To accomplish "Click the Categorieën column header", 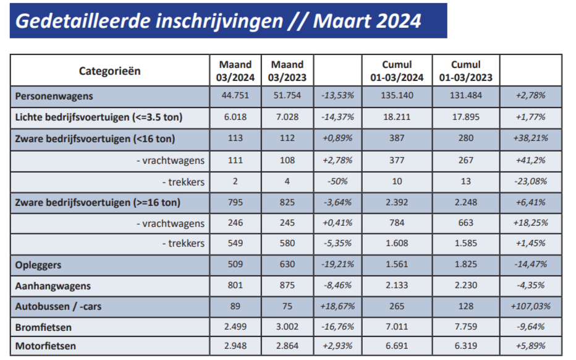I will click(109, 71).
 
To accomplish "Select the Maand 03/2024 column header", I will click(235, 71).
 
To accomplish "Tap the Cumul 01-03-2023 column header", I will click(465, 71).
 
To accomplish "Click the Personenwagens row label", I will click(54, 96).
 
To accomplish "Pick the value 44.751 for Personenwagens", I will click(235, 96).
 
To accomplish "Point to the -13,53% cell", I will click(337, 96).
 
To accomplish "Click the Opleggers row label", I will click(39, 265).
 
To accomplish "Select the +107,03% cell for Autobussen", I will click(531, 306).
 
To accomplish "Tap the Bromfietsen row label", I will click(43, 326).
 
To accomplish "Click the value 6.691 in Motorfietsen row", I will click(396, 345).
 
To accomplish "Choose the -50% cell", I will click(337, 181).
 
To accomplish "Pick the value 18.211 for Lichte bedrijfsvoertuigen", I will click(396, 116).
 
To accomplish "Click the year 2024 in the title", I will click(397, 21).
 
